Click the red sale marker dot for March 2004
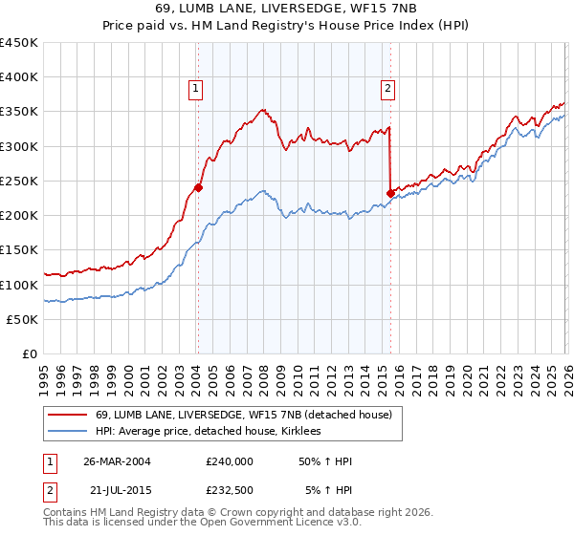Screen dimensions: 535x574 point(198,188)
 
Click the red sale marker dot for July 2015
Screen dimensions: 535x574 point(390,193)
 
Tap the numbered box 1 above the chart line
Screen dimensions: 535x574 point(195,89)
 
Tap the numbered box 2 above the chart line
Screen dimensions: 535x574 point(388,89)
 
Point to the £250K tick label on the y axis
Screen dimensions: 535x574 point(19,181)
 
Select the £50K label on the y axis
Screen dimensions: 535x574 point(23,319)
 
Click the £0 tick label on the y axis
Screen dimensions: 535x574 point(31,353)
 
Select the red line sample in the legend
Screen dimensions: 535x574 point(69,415)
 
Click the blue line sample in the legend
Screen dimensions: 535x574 point(69,432)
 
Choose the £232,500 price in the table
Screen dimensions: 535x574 point(229,490)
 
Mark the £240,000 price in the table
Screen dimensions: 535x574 point(229,461)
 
